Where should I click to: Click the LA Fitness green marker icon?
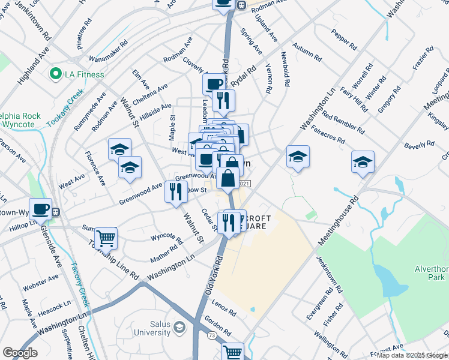click(56, 74)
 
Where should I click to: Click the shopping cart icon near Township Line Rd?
click(106, 238)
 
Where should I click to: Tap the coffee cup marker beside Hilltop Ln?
click(40, 209)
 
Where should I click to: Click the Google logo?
click(20, 353)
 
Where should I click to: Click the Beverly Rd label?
click(419, 145)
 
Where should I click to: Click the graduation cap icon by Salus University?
click(179, 327)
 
